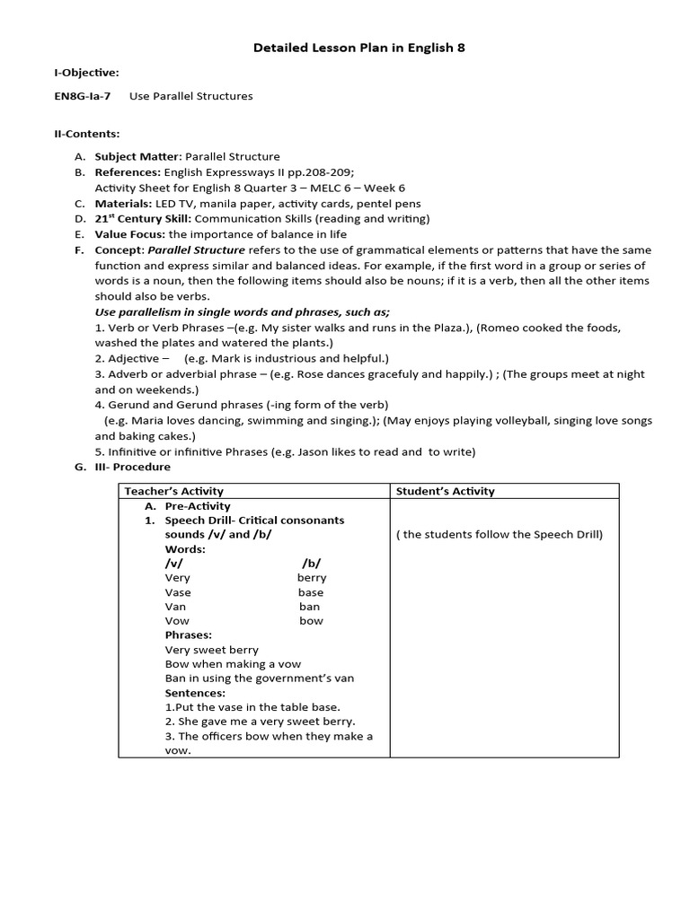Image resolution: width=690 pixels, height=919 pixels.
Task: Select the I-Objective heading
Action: pos(86,72)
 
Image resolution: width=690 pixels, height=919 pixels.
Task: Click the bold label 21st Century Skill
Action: pos(143,218)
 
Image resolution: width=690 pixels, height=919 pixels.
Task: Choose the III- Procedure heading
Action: pos(132,467)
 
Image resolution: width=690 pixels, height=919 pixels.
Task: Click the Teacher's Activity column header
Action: pos(173,491)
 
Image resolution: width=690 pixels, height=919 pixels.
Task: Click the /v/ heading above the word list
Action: pos(173,563)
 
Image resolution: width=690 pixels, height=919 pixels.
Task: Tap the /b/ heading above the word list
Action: pos(311,563)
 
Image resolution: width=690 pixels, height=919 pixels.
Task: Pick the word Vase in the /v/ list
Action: pos(178,592)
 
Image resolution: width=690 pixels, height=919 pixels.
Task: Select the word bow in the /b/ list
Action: pos(311,621)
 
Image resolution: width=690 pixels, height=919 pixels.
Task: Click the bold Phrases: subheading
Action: pos(188,635)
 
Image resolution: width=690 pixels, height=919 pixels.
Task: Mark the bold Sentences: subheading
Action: pos(195,693)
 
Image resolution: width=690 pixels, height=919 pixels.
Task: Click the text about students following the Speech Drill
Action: pos(499,535)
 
